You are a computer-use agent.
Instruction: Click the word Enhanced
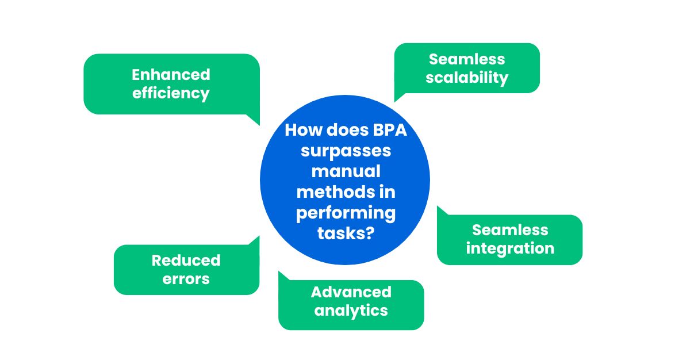(x=171, y=75)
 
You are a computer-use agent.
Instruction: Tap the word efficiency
(x=171, y=93)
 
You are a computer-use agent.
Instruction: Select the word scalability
(x=467, y=78)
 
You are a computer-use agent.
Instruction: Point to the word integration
(x=510, y=248)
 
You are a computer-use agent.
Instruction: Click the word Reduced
(x=186, y=260)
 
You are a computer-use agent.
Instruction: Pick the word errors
(x=186, y=279)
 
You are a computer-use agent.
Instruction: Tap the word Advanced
(x=351, y=292)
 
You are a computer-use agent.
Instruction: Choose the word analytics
(x=351, y=311)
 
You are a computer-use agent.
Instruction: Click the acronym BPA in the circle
(x=390, y=130)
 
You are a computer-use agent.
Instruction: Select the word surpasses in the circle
(x=346, y=151)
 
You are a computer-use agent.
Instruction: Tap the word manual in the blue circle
(x=346, y=171)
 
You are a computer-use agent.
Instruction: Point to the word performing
(x=346, y=213)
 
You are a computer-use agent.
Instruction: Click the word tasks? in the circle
(x=346, y=233)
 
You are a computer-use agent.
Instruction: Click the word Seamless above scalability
(x=467, y=59)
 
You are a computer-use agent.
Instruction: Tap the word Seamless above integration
(x=510, y=230)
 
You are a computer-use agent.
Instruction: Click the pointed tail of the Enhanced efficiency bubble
(x=259, y=125)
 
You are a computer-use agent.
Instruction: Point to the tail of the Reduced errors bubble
(x=259, y=236)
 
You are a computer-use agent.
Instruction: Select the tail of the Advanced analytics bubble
(x=279, y=271)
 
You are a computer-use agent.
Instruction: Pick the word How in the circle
(x=304, y=130)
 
